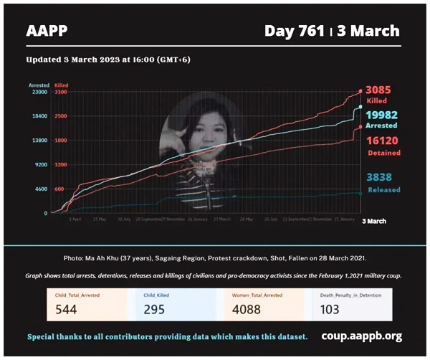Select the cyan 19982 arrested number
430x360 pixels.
tap(382, 115)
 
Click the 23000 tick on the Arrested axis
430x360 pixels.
tap(39, 92)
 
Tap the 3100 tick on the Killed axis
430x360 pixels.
tap(60, 92)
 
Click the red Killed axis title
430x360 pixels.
tap(62, 85)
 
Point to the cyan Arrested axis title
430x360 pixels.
tap(39, 85)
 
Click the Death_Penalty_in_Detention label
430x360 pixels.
tap(351, 294)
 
